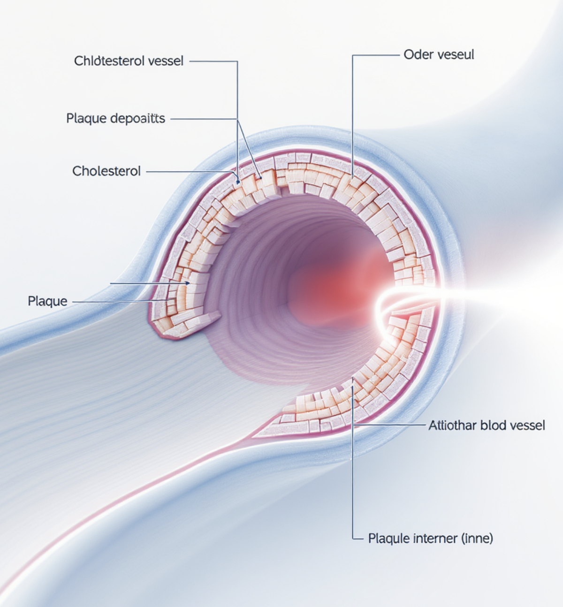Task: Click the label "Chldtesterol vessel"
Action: tap(129, 61)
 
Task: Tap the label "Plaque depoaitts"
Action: tap(115, 118)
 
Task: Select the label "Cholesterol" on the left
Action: tap(107, 171)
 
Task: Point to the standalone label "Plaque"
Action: tap(47, 301)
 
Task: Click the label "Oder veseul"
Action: tap(439, 54)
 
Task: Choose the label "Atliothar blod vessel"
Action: tap(487, 425)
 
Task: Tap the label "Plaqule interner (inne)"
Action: tap(430, 538)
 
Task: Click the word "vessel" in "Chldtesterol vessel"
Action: tap(165, 61)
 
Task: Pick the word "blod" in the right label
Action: tap(492, 425)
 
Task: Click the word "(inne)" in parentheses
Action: tap(478, 538)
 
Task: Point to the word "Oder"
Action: tap(415, 54)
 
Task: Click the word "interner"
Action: tap(435, 538)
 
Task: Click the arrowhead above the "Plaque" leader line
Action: tap(188, 283)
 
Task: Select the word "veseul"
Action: tap(456, 54)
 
